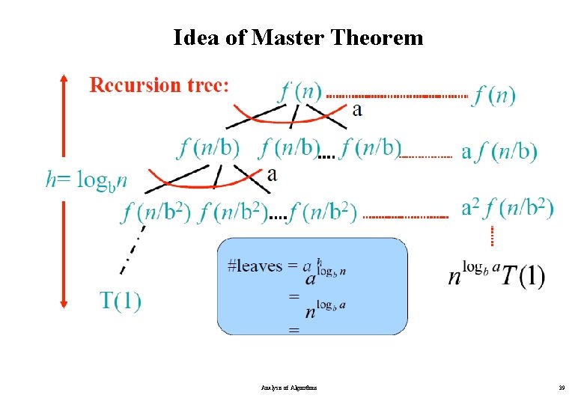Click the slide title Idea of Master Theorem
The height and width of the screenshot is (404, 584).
pyautogui.click(x=297, y=37)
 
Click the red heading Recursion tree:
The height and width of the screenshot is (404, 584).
pyautogui.click(x=158, y=85)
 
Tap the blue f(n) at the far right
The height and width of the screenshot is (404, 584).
pyautogui.click(x=493, y=96)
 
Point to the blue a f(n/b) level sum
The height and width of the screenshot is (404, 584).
pyautogui.click(x=499, y=152)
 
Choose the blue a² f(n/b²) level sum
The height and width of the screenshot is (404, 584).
pyautogui.click(x=508, y=207)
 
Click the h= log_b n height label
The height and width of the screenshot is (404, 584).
pyautogui.click(x=86, y=180)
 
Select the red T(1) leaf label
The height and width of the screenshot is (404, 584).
pyautogui.click(x=121, y=301)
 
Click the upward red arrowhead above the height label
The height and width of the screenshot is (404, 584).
pyautogui.click(x=64, y=78)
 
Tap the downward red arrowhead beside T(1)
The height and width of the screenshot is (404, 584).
pyautogui.click(x=64, y=303)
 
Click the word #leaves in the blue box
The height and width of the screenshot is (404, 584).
pyautogui.click(x=255, y=266)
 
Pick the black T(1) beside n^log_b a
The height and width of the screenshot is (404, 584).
pyautogui.click(x=523, y=278)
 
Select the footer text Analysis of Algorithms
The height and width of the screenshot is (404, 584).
pyautogui.click(x=289, y=388)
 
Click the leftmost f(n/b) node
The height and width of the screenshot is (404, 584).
pyautogui.click(x=209, y=148)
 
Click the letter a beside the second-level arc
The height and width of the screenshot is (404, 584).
pyautogui.click(x=272, y=175)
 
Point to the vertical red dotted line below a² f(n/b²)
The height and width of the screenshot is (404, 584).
pyautogui.click(x=492, y=236)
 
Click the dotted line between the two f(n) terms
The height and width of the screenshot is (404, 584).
pyautogui.click(x=397, y=97)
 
